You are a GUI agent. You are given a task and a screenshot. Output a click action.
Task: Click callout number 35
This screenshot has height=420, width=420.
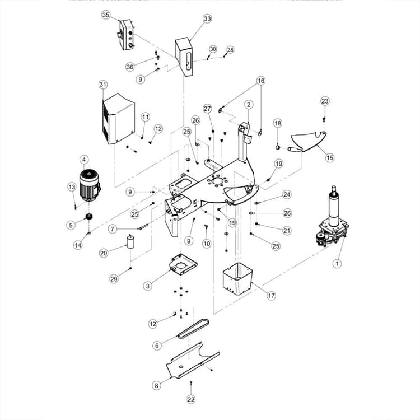click(106, 15)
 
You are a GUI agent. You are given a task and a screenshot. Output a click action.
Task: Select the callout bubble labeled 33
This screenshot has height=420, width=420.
click(207, 18)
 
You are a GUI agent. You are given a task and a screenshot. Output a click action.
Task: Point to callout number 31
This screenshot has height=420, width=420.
click(102, 85)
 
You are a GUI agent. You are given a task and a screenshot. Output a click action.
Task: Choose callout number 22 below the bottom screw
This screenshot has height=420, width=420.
click(192, 399)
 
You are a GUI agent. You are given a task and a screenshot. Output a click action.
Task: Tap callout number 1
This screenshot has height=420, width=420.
click(337, 263)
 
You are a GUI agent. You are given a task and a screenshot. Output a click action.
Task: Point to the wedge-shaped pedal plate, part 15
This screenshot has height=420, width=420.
click(310, 140)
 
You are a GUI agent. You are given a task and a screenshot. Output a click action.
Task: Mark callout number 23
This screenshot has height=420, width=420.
click(325, 101)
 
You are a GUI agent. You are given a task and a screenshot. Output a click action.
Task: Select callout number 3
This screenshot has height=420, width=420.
click(147, 286)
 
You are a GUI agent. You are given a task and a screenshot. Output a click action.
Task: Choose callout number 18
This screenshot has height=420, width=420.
click(277, 123)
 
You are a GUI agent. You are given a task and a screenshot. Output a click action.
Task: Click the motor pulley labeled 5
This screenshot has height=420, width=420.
click(88, 217)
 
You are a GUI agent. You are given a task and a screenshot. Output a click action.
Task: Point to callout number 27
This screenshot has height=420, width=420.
click(207, 108)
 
